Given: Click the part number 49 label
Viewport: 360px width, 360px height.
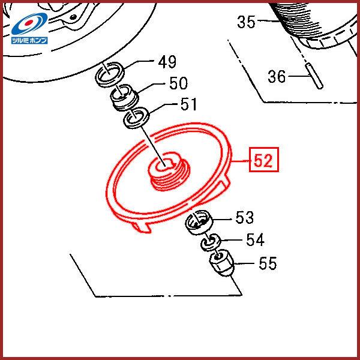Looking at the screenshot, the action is (x=167, y=62).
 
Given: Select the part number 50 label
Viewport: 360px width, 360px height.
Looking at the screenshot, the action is (x=178, y=83).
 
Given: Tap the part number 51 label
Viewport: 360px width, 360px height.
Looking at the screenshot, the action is (x=189, y=104).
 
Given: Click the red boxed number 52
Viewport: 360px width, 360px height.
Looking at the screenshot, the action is (x=264, y=160).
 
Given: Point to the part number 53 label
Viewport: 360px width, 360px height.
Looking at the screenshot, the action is (x=245, y=217).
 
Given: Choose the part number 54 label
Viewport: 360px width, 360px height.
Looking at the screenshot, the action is (x=256, y=239).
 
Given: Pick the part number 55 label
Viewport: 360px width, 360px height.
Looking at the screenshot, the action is (x=268, y=263).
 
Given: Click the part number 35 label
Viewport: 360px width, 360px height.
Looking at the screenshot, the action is (x=246, y=22).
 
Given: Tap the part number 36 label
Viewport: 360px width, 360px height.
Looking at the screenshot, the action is (x=277, y=76).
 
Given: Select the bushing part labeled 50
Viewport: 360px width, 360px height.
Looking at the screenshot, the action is (x=125, y=97).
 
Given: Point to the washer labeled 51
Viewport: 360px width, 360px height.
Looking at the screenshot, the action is (x=137, y=118).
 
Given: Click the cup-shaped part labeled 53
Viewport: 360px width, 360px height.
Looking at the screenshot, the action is (x=199, y=222).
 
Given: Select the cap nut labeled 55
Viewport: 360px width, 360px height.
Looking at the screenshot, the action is (x=221, y=262).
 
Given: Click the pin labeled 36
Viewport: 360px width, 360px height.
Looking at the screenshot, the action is (x=314, y=76).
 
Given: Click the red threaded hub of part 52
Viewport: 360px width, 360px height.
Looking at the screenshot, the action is (x=169, y=171).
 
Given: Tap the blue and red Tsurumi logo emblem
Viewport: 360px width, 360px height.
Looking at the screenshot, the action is (x=29, y=24).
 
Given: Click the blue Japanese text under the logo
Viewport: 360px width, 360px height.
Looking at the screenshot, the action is (x=29, y=40).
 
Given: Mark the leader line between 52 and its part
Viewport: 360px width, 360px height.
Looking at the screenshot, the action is (x=241, y=161).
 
